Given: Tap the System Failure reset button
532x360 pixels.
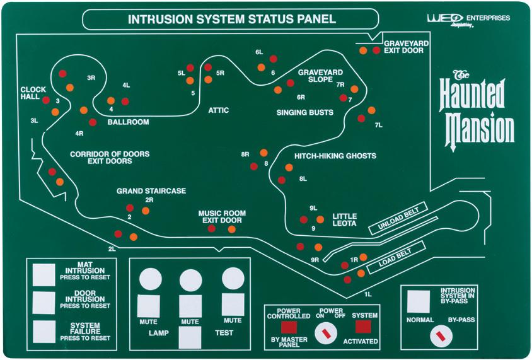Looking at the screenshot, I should (44, 331).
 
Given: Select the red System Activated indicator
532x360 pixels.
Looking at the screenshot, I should (363, 326).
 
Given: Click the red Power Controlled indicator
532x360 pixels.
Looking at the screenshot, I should (289, 327).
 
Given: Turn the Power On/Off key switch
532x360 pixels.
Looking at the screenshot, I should (326, 332).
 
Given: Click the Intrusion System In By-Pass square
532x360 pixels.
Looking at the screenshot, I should (419, 301).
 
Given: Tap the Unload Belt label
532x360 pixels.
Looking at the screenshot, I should (398, 218).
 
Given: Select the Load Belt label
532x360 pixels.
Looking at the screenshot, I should (393, 255).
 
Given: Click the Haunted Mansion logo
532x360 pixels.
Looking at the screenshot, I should (478, 110).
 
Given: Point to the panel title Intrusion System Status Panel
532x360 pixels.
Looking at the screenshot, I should (231, 19).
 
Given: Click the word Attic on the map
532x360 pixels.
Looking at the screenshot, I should (218, 111).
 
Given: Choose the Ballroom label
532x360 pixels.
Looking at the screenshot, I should (128, 122).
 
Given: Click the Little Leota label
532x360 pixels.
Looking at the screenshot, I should (344, 219).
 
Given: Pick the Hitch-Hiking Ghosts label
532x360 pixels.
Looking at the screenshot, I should (335, 156).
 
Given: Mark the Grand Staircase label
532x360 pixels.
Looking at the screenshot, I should (151, 191).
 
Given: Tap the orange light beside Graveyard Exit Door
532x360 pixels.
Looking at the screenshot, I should (363, 50).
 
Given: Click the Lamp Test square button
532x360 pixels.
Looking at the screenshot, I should (190, 337).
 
